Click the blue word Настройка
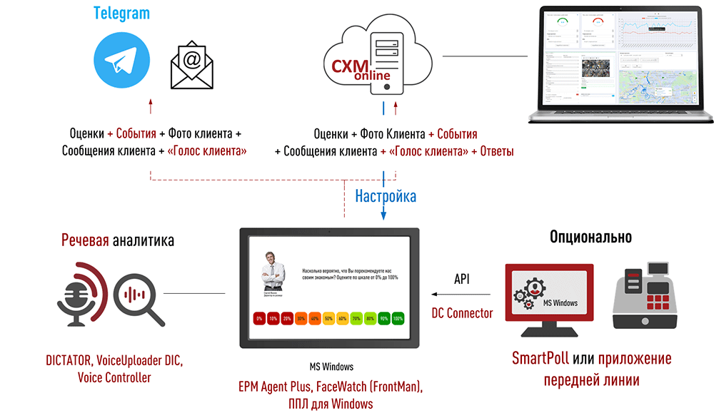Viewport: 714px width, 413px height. click(386, 195)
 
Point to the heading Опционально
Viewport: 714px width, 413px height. click(590, 237)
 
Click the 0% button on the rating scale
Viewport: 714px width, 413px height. click(259, 318)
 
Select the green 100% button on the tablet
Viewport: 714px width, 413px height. click(398, 318)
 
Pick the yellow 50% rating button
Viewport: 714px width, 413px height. click(328, 318)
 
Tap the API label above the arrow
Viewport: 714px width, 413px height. click(463, 280)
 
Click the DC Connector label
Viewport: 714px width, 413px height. click(463, 312)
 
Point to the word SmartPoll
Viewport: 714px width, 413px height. click(540, 358)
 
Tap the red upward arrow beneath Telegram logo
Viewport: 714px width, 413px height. click(151, 108)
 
